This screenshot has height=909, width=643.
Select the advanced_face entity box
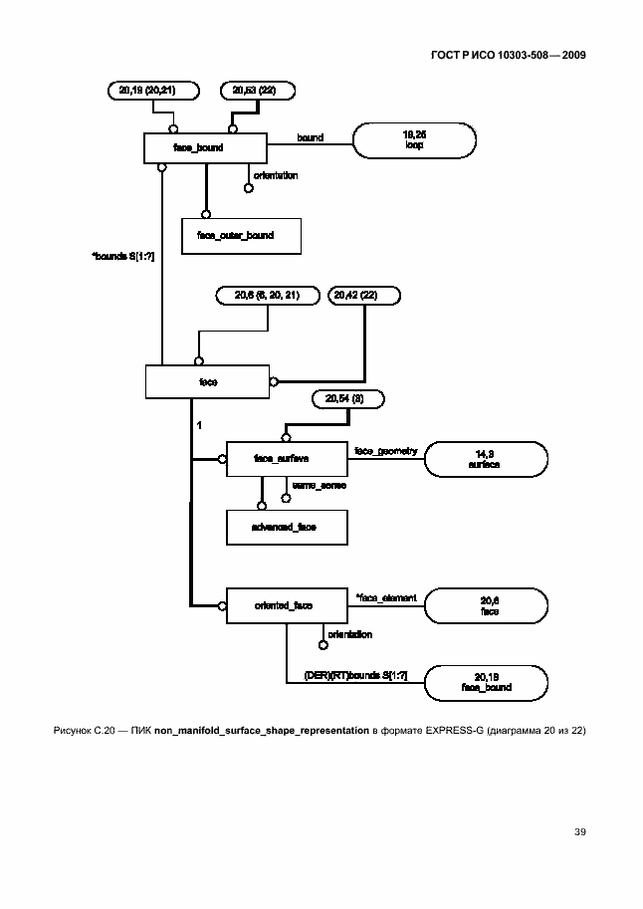286,527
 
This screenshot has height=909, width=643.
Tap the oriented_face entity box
286,604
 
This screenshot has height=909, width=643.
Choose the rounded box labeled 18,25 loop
414,139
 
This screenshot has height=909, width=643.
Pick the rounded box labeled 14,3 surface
487,459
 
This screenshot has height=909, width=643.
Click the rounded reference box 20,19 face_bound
487,682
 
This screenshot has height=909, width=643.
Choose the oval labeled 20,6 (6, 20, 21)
268,295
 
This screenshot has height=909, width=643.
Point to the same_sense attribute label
319,485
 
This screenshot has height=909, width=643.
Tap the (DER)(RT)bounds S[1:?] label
355,675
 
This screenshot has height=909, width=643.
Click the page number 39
579,830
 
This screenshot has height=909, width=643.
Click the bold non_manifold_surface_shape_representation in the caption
262,732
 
